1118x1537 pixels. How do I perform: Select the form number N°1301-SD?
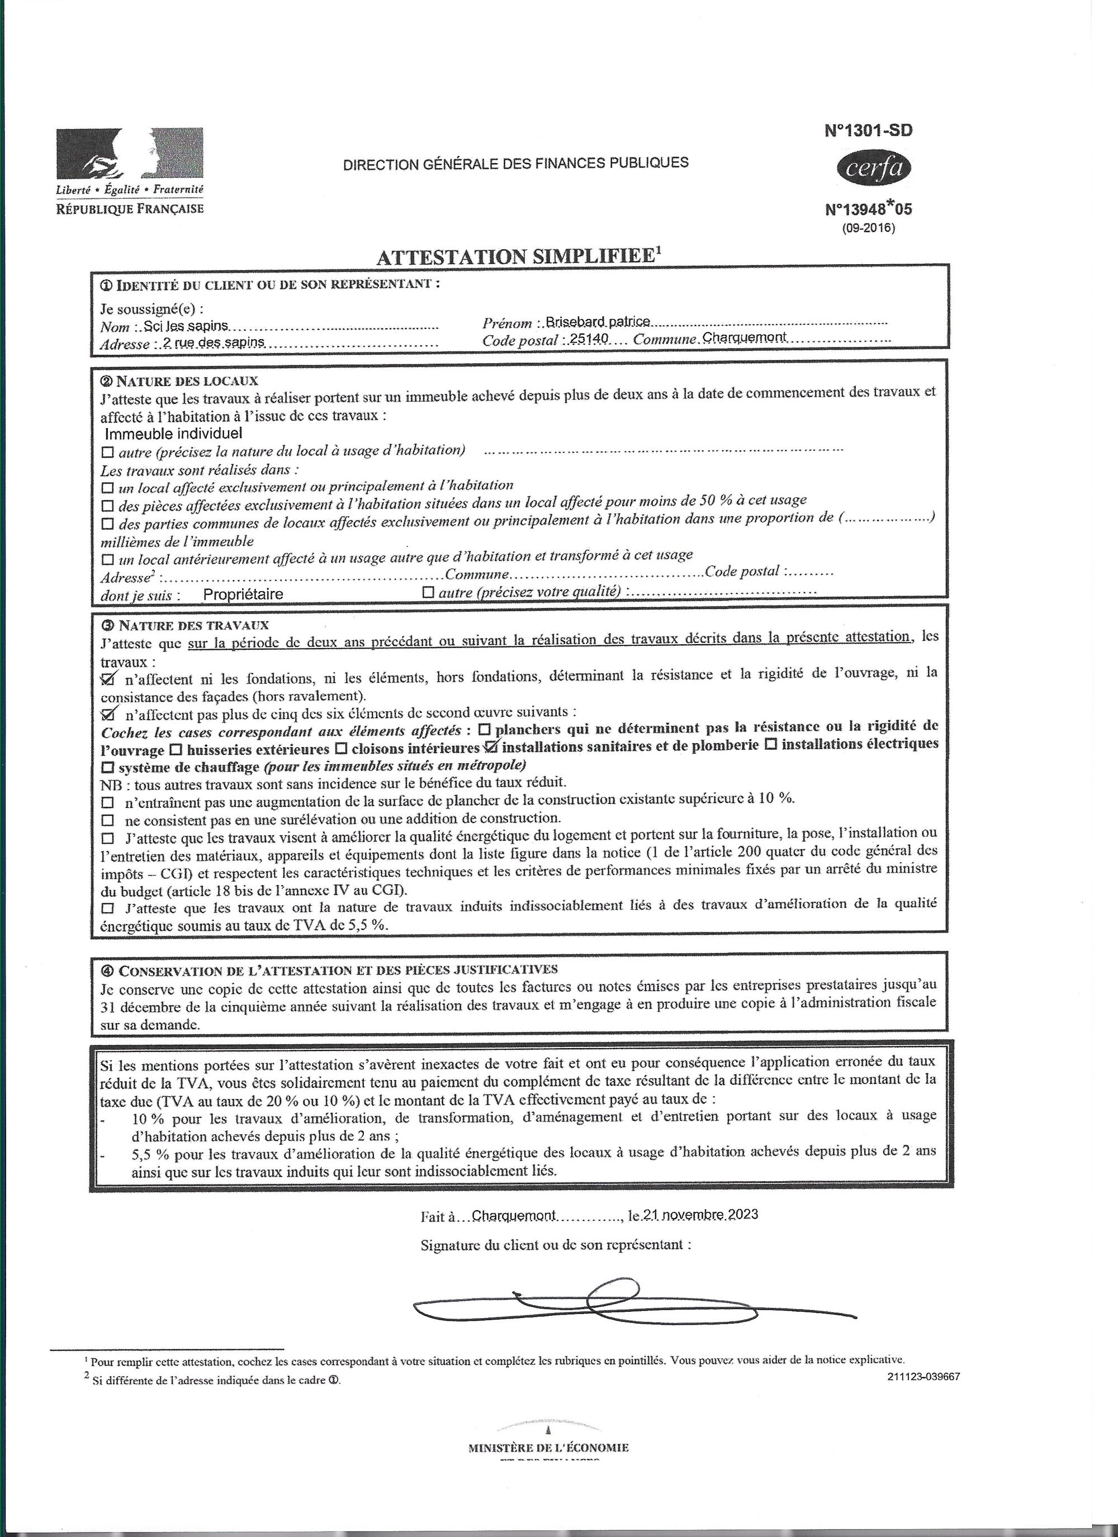[x=869, y=130]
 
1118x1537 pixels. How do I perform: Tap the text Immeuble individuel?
[x=174, y=433]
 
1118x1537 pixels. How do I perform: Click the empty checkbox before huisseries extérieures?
[x=175, y=750]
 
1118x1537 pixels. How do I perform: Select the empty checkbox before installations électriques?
[x=770, y=745]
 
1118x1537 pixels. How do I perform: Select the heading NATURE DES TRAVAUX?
[x=193, y=625]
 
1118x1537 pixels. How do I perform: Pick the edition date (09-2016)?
[x=869, y=229]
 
